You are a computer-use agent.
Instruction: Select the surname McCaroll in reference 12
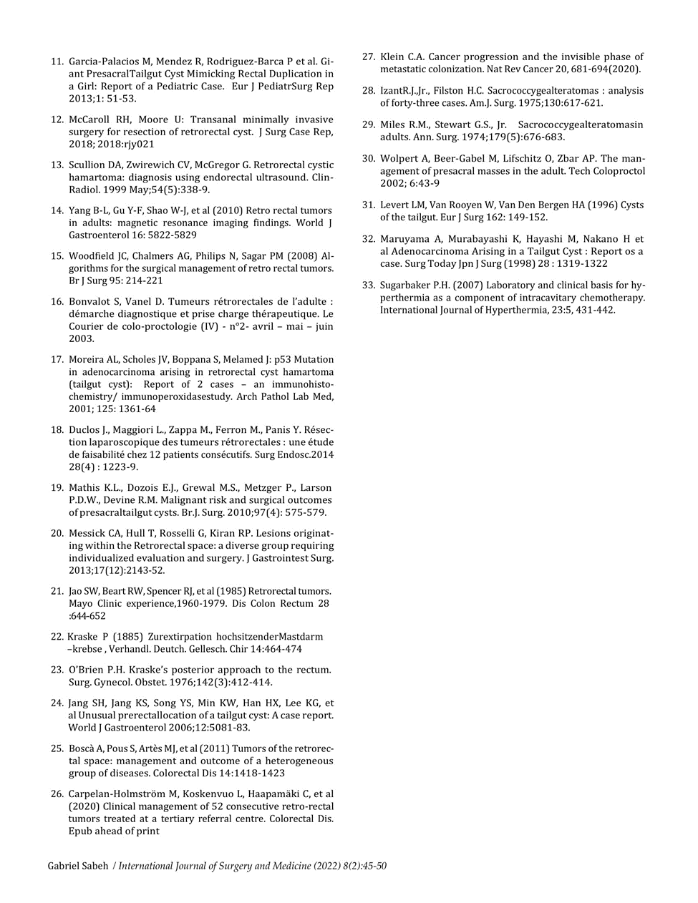coord(92,119)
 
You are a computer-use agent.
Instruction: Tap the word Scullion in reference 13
coord(88,165)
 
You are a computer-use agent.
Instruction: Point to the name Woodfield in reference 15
coord(93,256)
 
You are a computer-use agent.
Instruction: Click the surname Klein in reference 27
coord(394,57)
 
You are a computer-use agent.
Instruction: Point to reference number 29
coord(368,125)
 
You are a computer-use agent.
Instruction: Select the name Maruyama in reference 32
coord(404,238)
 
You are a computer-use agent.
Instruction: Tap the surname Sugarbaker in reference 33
coord(407,285)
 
